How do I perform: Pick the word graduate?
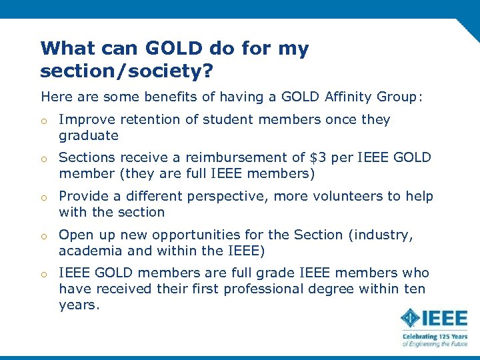point(89,136)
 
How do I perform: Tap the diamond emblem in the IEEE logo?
point(411,319)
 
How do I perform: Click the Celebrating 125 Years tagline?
point(435,336)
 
